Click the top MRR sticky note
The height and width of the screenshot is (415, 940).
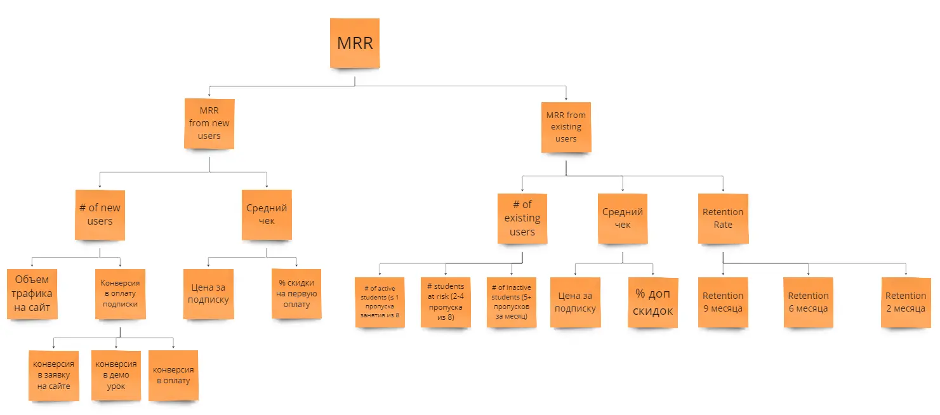[355, 43]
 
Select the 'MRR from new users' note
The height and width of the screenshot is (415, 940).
[209, 124]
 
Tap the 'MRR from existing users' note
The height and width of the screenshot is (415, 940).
[566, 127]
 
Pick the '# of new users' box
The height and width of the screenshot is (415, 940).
[100, 214]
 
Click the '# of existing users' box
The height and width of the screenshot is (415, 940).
[522, 218]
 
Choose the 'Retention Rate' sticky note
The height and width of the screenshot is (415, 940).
[723, 218]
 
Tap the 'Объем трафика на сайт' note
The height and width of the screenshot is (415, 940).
[32, 294]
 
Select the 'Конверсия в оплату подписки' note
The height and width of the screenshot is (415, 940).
[120, 294]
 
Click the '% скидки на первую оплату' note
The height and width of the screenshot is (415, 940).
[296, 294]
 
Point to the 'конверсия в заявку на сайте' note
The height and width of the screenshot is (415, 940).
[54, 375]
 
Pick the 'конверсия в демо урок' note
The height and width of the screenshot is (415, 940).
[116, 375]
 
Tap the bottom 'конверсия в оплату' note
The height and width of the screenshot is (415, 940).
[173, 375]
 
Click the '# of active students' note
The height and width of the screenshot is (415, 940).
[380, 302]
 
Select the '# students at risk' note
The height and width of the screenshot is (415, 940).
[446, 302]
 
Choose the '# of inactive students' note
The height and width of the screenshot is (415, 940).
[512, 302]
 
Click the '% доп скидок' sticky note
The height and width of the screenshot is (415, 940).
[653, 302]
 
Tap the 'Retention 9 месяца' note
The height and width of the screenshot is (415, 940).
[723, 302]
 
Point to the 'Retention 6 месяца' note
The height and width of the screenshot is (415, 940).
[808, 302]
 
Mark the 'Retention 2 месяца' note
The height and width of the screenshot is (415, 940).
[906, 302]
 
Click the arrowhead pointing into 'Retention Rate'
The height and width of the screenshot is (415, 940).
[723, 190]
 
